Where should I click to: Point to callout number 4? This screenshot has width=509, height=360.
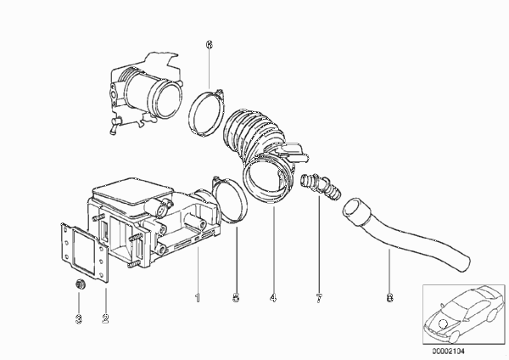[273, 297]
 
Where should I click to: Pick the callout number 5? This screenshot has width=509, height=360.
[237, 297]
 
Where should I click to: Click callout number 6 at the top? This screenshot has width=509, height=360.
[210, 45]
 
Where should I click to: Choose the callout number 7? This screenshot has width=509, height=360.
[319, 297]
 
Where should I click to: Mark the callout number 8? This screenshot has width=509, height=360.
[389, 297]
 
